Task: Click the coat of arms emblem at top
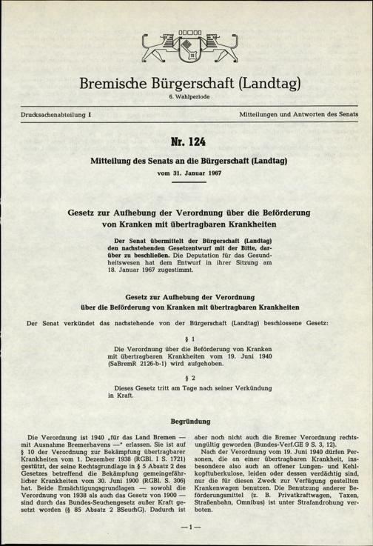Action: (186, 49)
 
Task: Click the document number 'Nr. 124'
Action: (186, 142)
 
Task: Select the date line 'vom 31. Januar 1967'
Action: (186, 173)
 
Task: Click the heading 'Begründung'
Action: (186, 421)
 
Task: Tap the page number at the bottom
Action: (186, 527)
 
